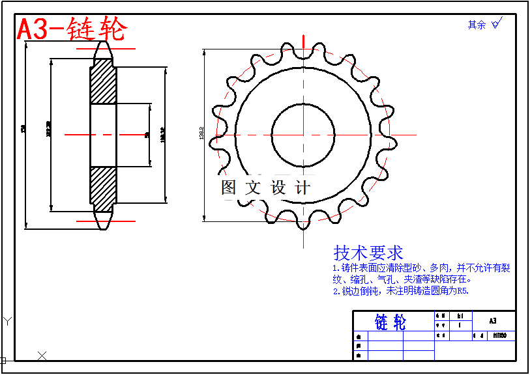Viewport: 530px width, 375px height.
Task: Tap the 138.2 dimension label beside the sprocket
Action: pos(202,135)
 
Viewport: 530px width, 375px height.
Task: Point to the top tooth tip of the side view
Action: pos(103,45)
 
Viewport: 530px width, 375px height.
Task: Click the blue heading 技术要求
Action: pos(368,253)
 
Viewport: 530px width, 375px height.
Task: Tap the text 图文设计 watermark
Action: pos(265,188)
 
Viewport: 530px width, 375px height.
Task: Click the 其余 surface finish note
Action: pos(477,25)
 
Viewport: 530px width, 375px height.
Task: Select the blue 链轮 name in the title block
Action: pos(390,322)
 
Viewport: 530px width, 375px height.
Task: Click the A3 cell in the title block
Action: pos(492,321)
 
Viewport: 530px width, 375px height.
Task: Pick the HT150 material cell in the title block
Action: pos(500,336)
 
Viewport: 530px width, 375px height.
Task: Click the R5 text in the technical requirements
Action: pos(462,291)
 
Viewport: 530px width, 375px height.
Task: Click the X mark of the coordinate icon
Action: pos(42,355)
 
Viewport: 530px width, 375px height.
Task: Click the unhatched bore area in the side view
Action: pos(103,135)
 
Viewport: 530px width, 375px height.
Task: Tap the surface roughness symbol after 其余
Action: pos(496,24)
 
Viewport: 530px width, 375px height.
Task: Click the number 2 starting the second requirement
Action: pos(336,291)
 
